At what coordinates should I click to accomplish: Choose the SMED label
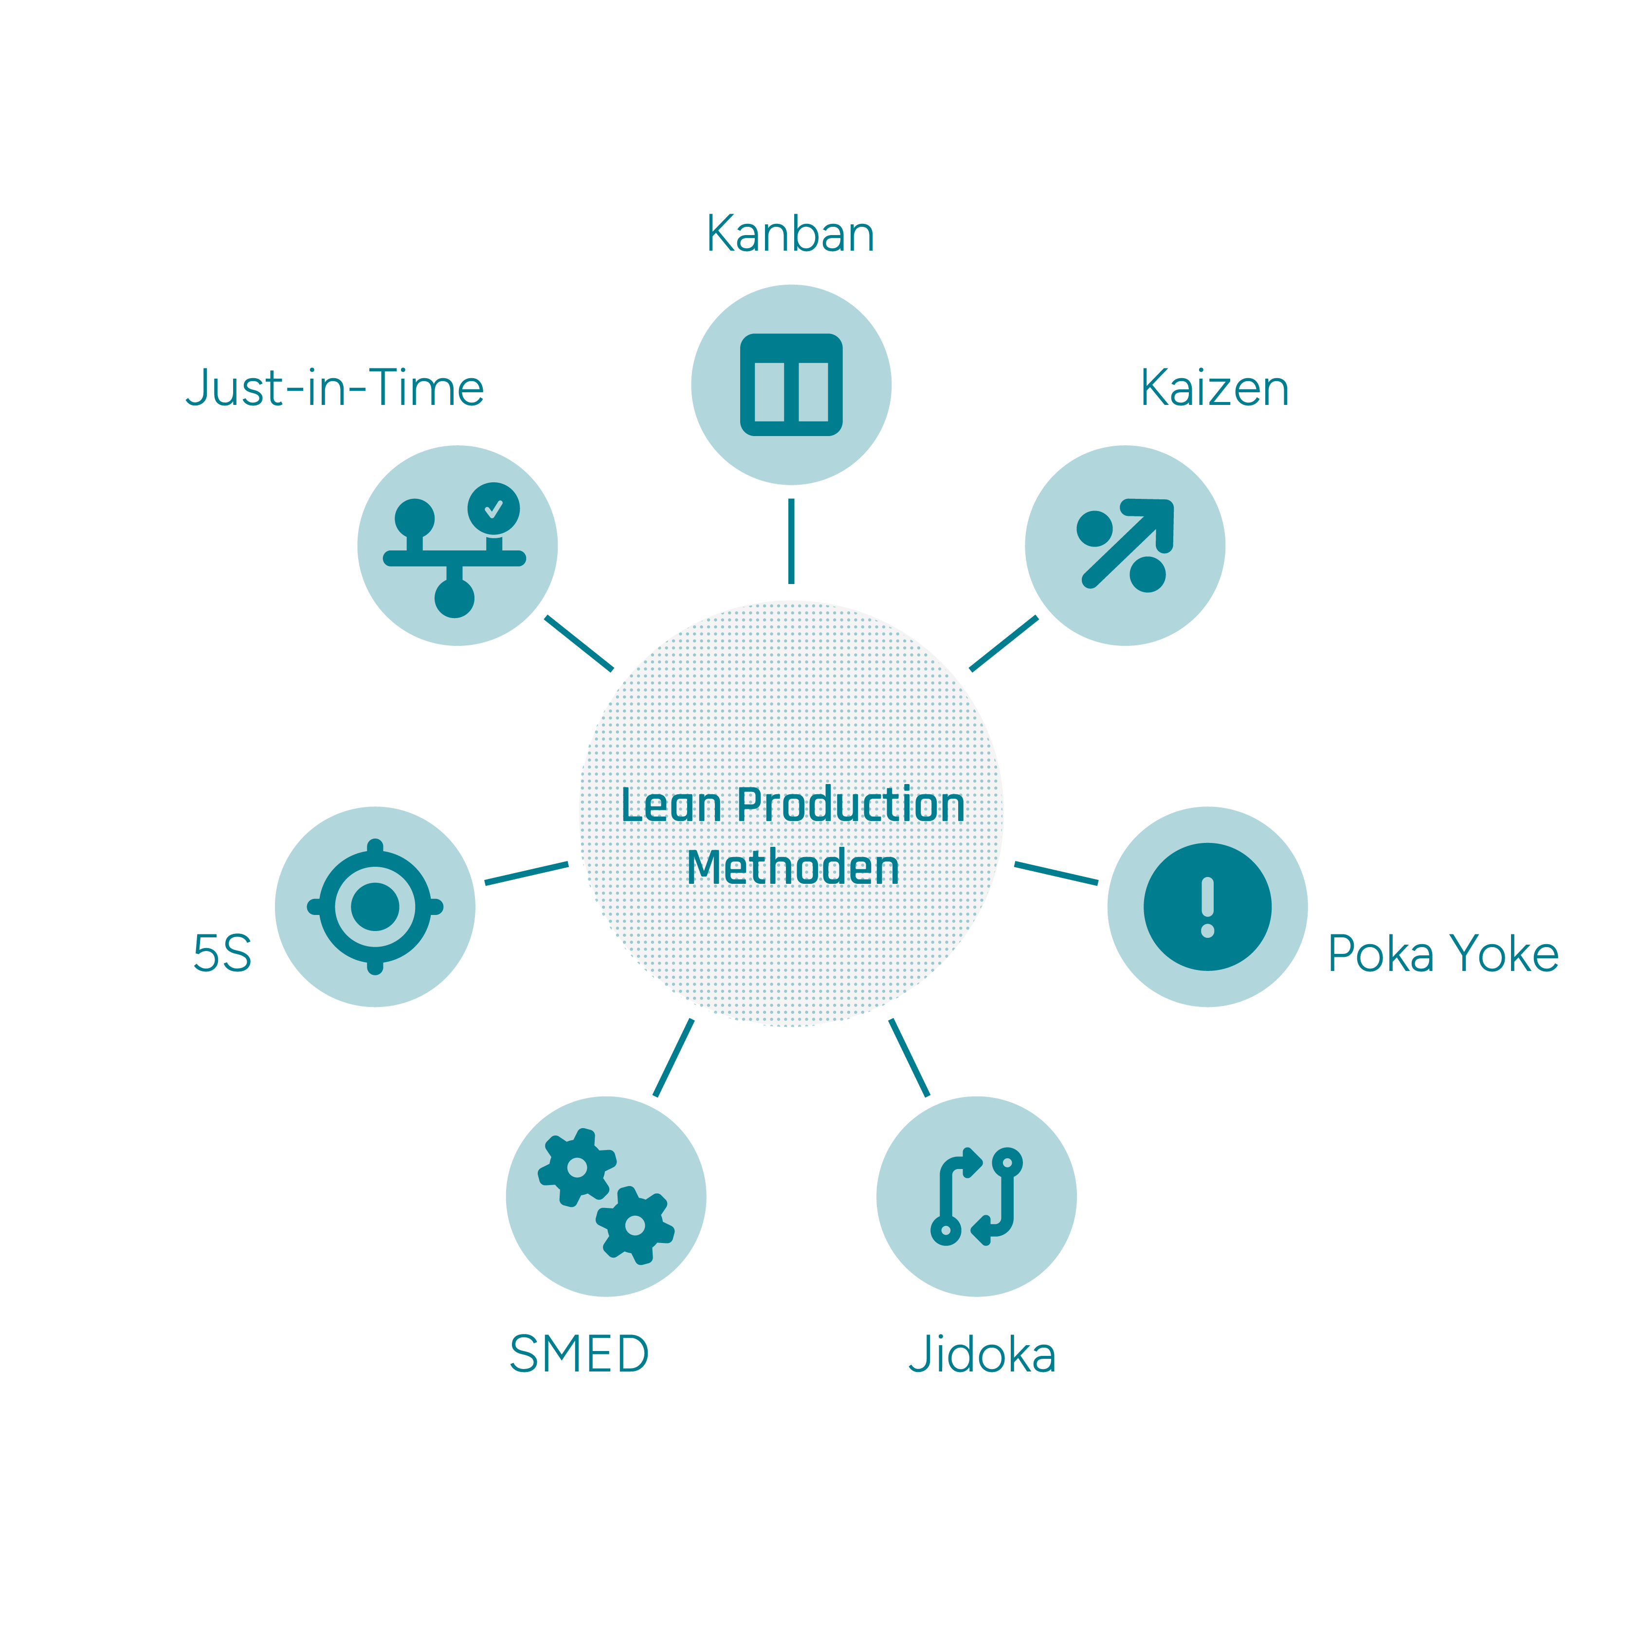point(579,1354)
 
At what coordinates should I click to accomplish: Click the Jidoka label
point(983,1354)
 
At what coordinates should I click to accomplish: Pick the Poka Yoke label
point(1443,954)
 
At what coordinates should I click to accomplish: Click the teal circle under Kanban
point(791,385)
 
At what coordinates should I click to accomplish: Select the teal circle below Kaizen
point(1125,546)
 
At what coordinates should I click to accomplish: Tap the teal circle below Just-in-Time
point(457,546)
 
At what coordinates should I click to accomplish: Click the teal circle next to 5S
point(375,907)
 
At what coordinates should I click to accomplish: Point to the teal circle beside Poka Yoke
point(1207,907)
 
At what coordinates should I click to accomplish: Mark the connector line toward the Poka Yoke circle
point(1056,874)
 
